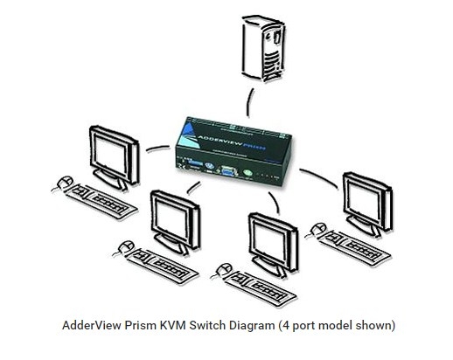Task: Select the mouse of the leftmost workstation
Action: click(x=62, y=184)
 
